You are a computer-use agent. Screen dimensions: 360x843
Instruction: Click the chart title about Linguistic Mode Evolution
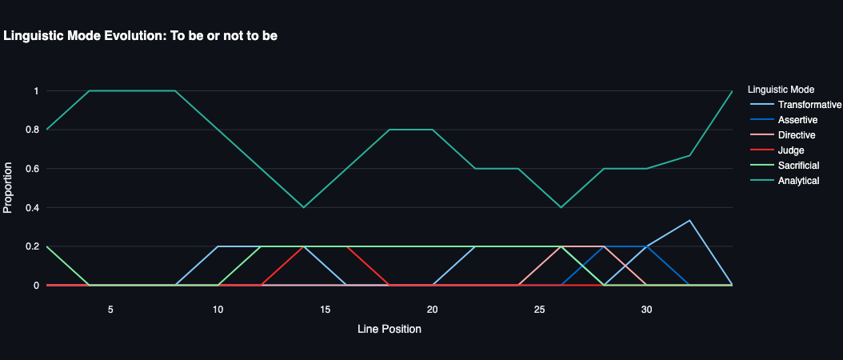tap(141, 36)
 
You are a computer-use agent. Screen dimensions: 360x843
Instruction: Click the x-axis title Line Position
tap(389, 329)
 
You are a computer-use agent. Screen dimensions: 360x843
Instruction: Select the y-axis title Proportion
tap(9, 188)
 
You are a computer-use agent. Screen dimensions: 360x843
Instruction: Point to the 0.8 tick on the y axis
tap(32, 130)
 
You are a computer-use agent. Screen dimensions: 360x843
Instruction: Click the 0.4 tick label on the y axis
tap(32, 207)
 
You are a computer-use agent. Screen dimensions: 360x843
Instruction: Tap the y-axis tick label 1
tap(36, 91)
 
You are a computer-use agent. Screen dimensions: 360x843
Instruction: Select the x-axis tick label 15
tap(325, 309)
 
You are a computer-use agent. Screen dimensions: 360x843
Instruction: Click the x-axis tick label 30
tap(646, 309)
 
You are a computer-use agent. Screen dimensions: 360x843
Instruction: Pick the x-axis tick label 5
tap(110, 309)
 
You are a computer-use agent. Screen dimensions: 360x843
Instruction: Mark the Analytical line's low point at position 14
tap(303, 207)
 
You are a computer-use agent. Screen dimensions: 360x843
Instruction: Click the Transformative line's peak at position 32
tap(689, 220)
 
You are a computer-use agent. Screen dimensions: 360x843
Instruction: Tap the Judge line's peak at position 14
tap(303, 246)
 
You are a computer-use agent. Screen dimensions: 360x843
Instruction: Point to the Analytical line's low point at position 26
tap(561, 207)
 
